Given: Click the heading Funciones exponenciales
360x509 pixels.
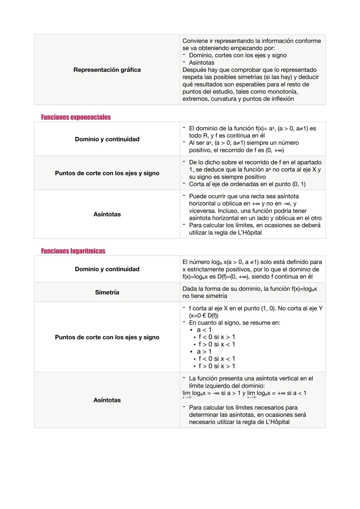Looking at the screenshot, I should point(76,117).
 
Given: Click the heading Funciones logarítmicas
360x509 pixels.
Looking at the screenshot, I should point(73,251).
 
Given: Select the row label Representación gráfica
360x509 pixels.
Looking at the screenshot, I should point(107,70).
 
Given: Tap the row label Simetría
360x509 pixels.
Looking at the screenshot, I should point(107,292).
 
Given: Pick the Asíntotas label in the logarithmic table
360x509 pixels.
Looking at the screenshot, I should point(107,400).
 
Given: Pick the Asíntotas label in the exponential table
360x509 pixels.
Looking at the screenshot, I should point(107,214).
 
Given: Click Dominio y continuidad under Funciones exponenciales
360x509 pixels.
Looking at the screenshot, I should point(107,139).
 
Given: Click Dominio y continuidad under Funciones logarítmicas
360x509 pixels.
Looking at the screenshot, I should point(107,269).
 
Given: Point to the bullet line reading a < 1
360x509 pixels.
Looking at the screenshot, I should point(204,330).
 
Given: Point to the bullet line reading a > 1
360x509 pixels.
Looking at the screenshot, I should point(204,352).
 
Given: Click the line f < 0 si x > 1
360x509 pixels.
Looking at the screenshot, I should point(217,337).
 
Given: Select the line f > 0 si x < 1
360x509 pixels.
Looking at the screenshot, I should point(217,344).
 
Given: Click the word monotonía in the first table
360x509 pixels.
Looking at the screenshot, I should point(283,92).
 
